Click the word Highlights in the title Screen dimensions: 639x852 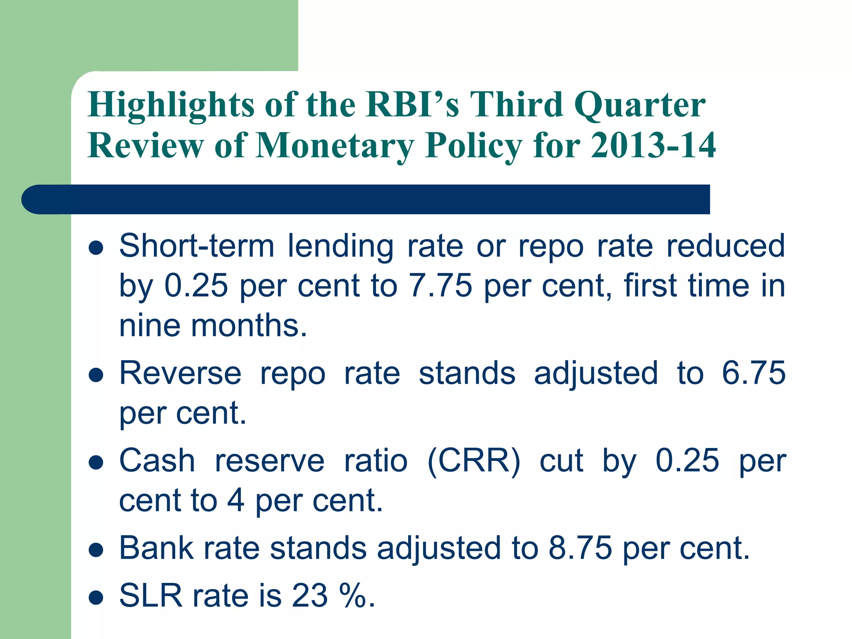click(x=171, y=105)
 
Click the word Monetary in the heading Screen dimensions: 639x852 click(x=335, y=146)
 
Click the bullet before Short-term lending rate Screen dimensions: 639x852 click(x=96, y=248)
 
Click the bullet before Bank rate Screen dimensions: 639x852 click(x=96, y=550)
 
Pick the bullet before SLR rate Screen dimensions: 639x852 click(x=96, y=597)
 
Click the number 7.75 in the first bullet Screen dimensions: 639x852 click(x=441, y=286)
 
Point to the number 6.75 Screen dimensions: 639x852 click(x=753, y=373)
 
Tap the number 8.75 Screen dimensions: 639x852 click(x=580, y=548)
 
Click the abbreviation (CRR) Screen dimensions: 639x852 click(x=474, y=461)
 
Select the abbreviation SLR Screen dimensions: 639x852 click(x=151, y=596)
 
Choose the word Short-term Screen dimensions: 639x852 click(x=197, y=246)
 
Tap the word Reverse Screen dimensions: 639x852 click(x=180, y=373)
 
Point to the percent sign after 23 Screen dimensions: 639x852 click(x=353, y=596)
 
